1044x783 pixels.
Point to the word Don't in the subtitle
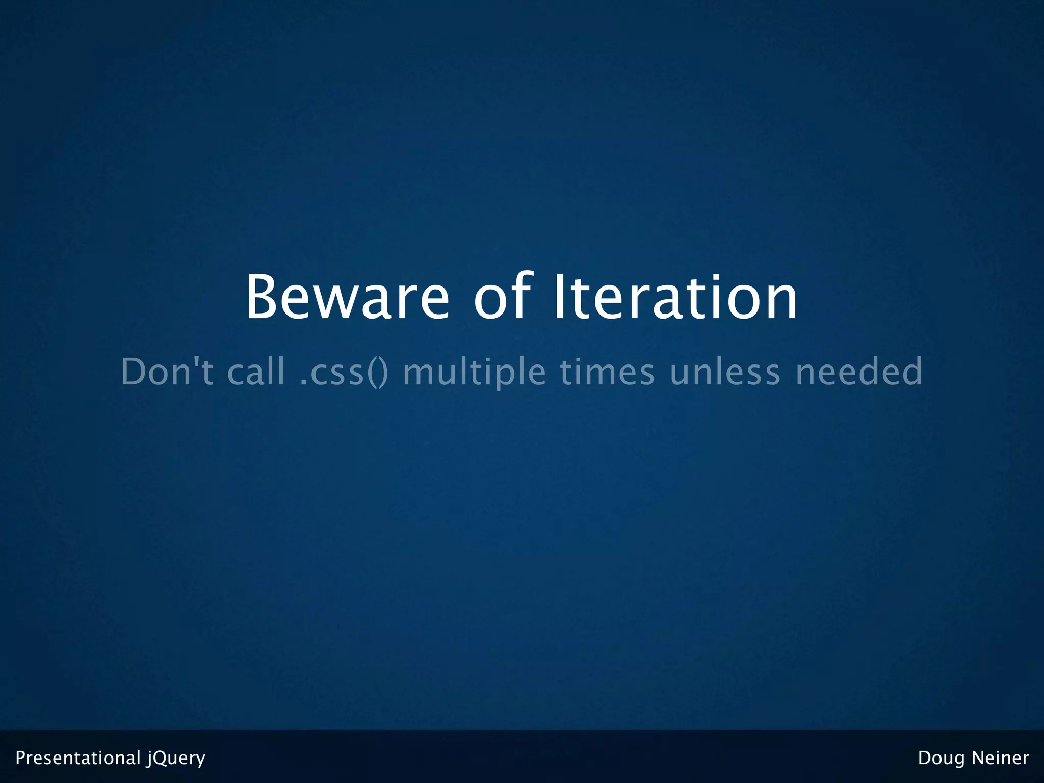click(x=167, y=372)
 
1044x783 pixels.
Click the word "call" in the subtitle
click(x=256, y=372)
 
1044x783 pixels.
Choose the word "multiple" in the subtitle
click(x=474, y=372)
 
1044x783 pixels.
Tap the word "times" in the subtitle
click(x=607, y=372)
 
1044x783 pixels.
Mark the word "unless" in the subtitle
click(x=725, y=372)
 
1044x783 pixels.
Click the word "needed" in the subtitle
click(x=859, y=372)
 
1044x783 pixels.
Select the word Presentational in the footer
click(x=78, y=758)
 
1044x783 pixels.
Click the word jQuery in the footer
click(x=176, y=758)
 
